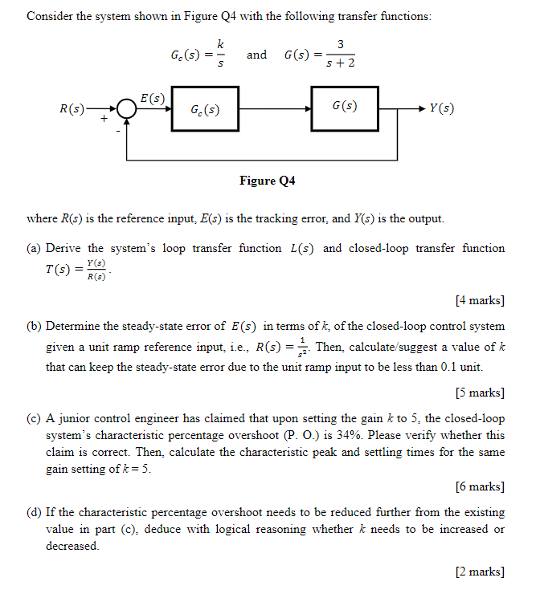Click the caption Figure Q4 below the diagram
[268, 181]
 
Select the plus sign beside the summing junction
[104, 119]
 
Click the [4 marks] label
[480, 300]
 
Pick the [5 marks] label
[480, 393]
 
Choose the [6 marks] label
[480, 486]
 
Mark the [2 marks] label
[480, 572]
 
